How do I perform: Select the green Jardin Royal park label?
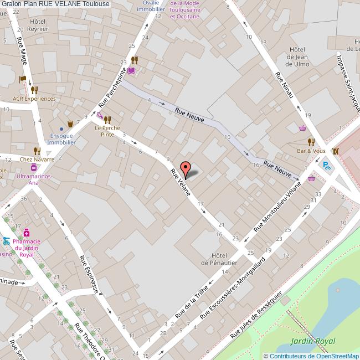coord(314,342)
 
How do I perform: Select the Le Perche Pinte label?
coord(107,130)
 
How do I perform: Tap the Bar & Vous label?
coord(311,150)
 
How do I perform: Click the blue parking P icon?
coord(327,164)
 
